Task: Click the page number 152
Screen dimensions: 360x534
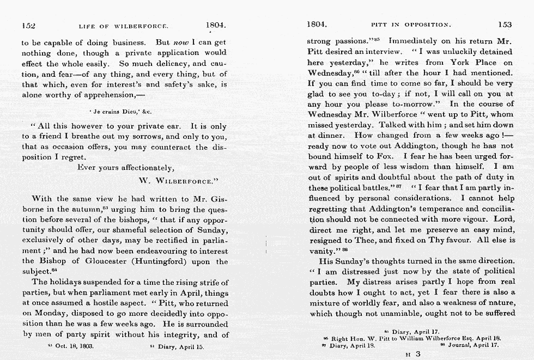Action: (x=28, y=25)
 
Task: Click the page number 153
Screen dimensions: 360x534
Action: (x=505, y=25)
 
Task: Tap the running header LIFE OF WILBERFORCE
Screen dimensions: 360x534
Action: (x=124, y=26)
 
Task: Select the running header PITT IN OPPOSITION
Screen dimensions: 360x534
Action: (x=411, y=25)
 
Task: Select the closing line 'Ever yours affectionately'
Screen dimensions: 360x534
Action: (x=126, y=168)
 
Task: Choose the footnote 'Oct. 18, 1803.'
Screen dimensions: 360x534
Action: (x=71, y=346)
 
